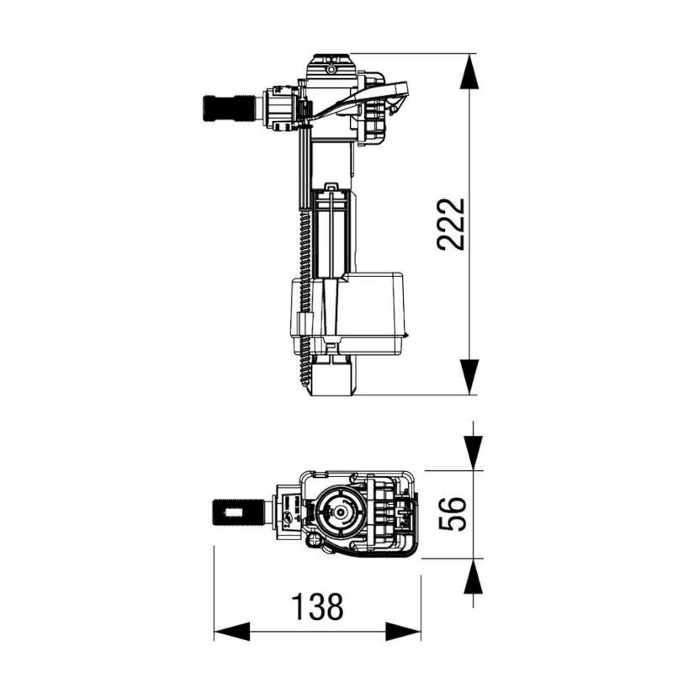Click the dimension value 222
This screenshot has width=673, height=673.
click(452, 224)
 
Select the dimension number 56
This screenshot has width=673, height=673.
click(452, 513)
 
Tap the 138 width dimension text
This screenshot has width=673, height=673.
click(317, 607)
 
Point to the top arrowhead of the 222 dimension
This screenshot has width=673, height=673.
click(472, 71)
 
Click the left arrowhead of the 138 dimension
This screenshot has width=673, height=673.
click(231, 630)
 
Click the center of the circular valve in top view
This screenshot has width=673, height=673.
click(337, 511)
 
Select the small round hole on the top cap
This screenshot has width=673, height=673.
click(330, 60)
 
